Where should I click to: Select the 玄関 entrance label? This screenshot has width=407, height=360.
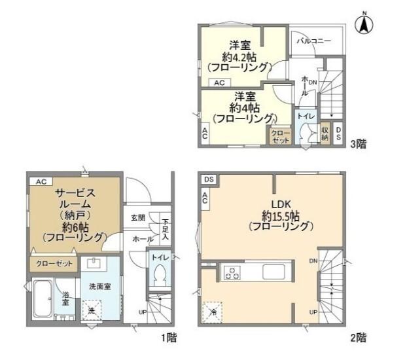137,218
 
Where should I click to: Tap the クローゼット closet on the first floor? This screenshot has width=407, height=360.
53,263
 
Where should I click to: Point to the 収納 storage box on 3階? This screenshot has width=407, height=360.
325,133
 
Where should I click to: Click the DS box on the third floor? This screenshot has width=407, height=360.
338,133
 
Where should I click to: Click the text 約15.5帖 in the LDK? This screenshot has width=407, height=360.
280,215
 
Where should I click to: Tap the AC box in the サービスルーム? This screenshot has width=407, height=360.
40,181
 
